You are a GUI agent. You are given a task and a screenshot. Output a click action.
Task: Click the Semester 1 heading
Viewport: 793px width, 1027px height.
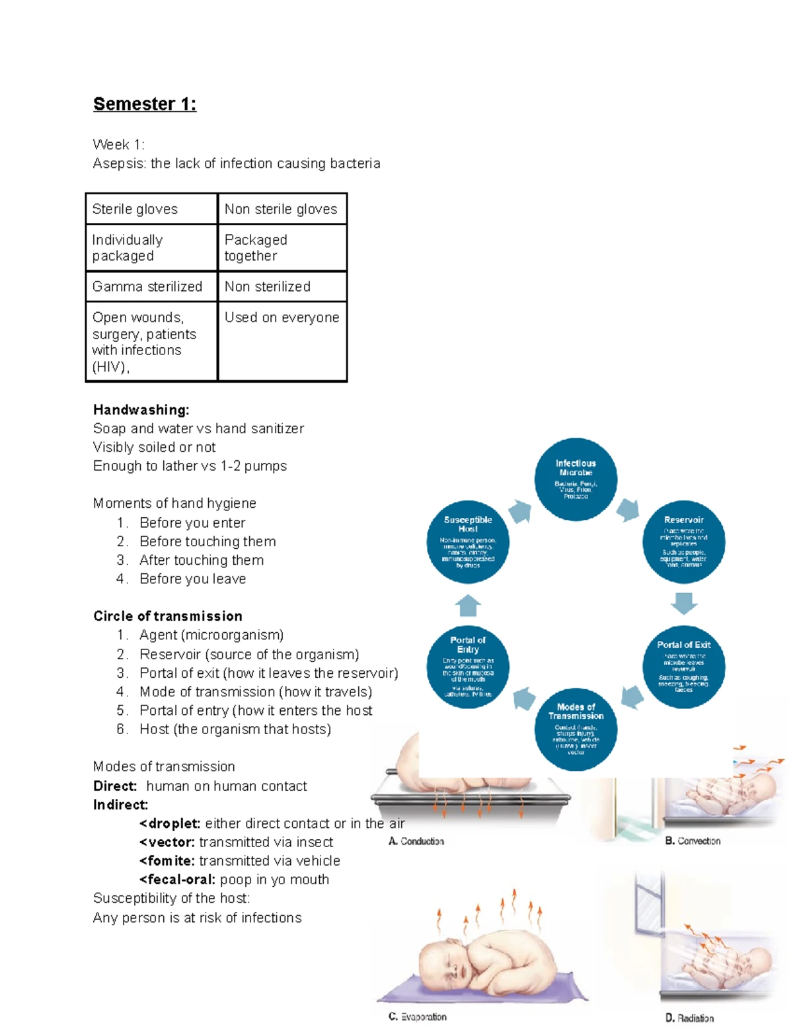(x=144, y=104)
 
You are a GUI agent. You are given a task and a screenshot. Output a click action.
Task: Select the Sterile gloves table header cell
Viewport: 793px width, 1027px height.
(x=151, y=209)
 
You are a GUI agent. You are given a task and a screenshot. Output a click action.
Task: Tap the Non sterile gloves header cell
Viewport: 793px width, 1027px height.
(x=282, y=209)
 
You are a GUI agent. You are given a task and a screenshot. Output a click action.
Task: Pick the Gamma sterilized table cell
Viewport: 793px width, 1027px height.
(x=151, y=286)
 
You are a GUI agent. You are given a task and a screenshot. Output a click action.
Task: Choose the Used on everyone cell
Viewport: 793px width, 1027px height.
(x=282, y=317)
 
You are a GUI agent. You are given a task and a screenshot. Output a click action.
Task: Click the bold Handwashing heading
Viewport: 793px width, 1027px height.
(x=141, y=410)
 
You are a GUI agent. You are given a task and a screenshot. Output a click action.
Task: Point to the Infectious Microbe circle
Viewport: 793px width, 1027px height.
(x=576, y=479)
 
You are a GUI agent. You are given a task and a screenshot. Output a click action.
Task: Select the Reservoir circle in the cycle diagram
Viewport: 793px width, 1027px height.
(x=684, y=542)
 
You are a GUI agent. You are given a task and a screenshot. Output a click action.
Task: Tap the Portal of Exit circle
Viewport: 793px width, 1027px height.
(x=684, y=667)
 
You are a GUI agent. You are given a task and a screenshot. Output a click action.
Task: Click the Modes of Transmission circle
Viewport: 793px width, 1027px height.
(x=576, y=729)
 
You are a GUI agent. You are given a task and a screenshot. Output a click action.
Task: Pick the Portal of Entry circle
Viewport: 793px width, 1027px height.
(x=468, y=667)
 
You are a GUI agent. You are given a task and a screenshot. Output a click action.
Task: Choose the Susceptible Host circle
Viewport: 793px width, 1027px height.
(x=468, y=542)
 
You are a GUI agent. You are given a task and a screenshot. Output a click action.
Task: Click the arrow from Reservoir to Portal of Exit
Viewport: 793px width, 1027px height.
(x=684, y=603)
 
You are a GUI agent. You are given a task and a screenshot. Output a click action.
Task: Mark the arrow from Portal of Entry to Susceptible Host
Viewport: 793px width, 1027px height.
(x=468, y=605)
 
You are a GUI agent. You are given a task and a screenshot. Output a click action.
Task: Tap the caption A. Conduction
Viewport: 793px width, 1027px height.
(x=416, y=841)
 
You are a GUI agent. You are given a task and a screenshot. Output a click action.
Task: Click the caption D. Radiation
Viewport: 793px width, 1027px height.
(x=689, y=1018)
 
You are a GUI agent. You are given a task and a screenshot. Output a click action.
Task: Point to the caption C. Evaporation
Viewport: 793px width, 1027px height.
(x=417, y=1016)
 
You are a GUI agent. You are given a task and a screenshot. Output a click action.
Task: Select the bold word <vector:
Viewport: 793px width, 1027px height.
(x=167, y=842)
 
